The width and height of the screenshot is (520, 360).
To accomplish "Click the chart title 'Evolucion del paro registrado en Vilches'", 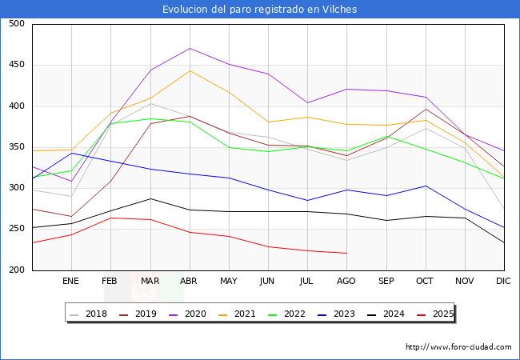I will tap(259, 10).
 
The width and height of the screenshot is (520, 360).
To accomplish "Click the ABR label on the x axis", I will tap(190, 282).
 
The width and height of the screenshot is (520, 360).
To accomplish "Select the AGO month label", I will tap(346, 282).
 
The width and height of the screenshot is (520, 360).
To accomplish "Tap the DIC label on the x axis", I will tap(503, 282).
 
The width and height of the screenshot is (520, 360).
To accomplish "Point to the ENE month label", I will tap(71, 282).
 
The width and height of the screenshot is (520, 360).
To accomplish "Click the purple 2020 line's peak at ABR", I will tap(190, 48).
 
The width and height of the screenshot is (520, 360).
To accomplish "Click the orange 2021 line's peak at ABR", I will tap(190, 70).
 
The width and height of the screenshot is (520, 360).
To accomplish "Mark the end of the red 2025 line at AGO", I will tap(346, 253).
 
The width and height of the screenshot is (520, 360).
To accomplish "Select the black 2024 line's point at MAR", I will tap(150, 198).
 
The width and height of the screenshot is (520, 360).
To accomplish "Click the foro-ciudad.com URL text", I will tap(458, 347).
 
